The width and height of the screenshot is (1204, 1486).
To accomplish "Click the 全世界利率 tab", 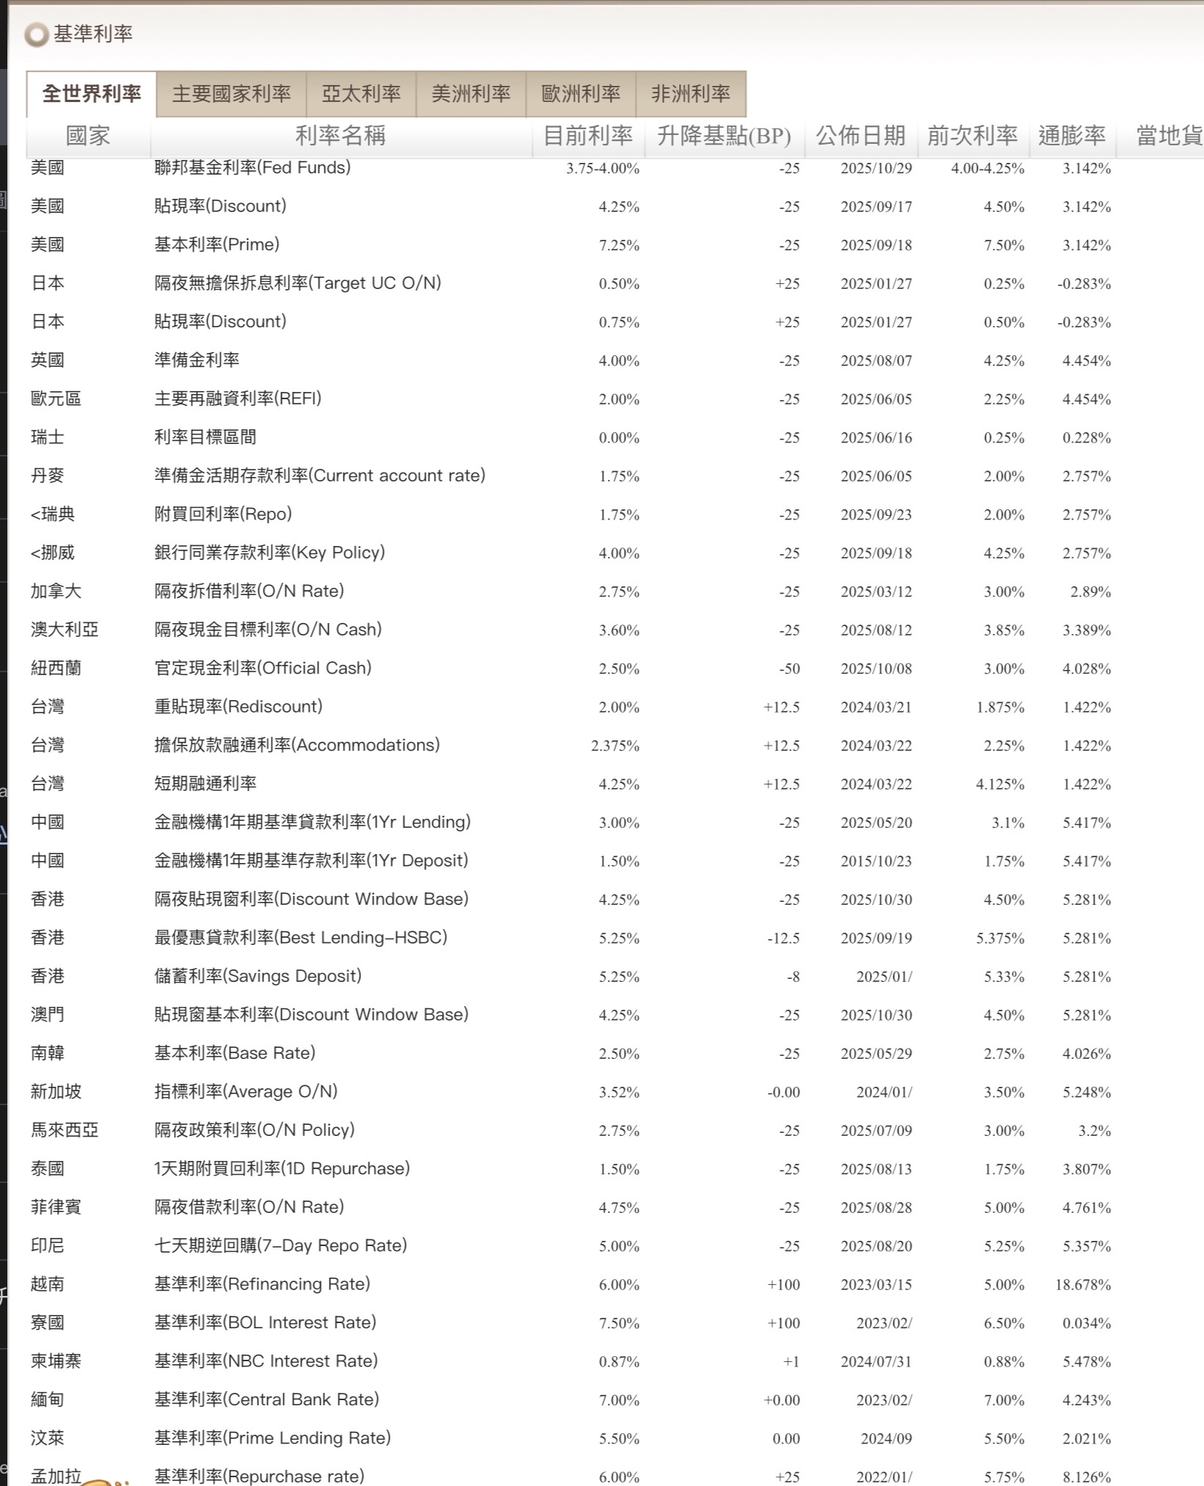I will click(x=92, y=94).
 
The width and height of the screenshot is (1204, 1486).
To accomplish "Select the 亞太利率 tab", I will click(x=361, y=94).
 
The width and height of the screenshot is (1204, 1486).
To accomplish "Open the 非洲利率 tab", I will click(x=691, y=94).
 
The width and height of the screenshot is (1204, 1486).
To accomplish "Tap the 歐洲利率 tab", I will click(x=581, y=94).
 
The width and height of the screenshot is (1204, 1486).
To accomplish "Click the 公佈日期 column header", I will click(x=860, y=136).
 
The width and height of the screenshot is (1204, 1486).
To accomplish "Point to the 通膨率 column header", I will click(x=1072, y=136).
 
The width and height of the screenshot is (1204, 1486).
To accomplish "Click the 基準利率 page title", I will click(x=93, y=34).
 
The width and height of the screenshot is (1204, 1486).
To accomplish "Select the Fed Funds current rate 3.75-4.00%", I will click(x=602, y=169).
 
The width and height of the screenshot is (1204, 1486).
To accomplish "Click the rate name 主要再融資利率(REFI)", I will click(x=238, y=398).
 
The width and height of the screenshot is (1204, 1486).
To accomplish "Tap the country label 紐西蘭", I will click(x=56, y=668).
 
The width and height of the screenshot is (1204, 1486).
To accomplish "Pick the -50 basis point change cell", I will click(x=789, y=669).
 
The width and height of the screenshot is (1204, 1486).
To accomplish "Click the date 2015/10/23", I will click(x=876, y=862).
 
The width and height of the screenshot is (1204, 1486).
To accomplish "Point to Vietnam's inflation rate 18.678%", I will click(x=1083, y=1285).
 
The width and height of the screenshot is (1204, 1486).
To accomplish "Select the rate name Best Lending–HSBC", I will click(x=300, y=937).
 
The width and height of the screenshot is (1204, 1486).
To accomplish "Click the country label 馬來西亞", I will click(x=65, y=1130).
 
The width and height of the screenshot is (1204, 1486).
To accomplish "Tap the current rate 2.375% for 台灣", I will click(x=614, y=746).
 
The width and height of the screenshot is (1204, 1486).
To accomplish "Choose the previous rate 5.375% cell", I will click(x=1000, y=939).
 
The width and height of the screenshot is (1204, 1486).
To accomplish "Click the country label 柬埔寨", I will click(x=56, y=1361).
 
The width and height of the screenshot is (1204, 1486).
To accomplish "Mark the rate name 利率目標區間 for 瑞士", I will click(x=205, y=437).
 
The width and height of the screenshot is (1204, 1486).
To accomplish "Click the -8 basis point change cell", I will click(x=793, y=977).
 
